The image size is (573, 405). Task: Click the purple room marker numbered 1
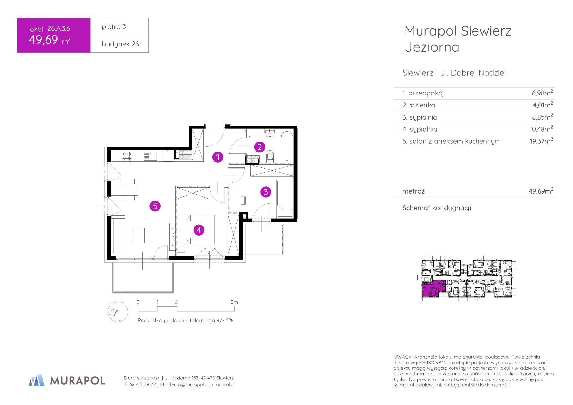click(218, 157)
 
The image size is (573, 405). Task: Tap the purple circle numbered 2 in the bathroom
click(259, 147)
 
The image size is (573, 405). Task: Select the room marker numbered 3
click(266, 192)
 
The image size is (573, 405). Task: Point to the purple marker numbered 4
click(199, 230)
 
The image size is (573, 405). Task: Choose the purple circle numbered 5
click(155, 206)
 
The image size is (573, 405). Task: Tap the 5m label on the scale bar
click(234, 302)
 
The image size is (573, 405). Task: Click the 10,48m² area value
click(542, 129)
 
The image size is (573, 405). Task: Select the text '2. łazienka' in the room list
click(419, 105)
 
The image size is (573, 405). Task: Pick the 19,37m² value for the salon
click(541, 141)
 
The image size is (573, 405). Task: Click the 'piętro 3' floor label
click(114, 27)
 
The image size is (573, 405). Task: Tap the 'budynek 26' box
click(120, 44)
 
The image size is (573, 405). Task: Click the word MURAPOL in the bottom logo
click(78, 381)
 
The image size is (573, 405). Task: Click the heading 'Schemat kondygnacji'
click(436, 208)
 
